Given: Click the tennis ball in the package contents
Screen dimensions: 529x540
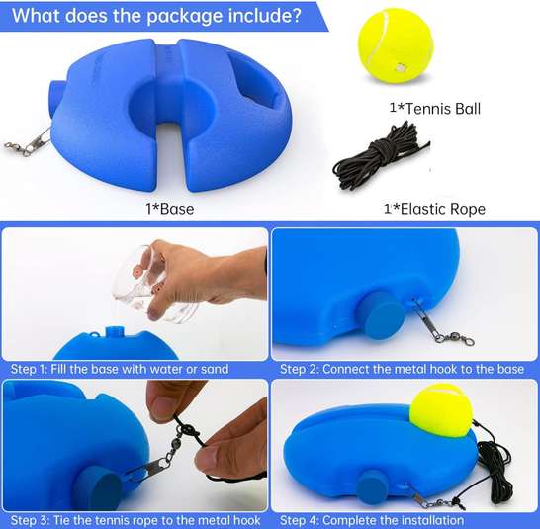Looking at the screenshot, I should pos(393,46).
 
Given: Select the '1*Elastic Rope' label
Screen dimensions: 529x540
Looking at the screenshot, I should pos(434,209).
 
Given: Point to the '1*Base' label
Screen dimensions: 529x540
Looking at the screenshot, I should pos(168,209).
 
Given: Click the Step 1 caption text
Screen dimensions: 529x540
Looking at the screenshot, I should pos(120,369).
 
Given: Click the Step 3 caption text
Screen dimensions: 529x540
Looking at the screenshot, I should pos(135,520).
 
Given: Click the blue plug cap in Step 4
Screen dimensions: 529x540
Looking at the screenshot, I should pos(374,487).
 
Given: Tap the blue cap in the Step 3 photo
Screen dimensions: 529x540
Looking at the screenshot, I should pos(98,493).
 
